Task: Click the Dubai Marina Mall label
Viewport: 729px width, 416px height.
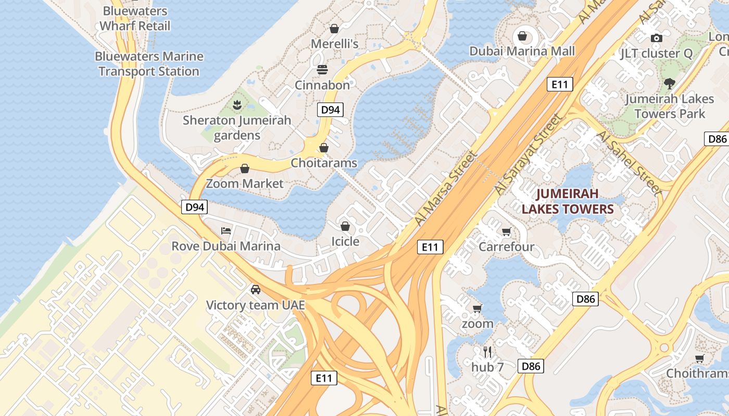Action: click(x=522, y=51)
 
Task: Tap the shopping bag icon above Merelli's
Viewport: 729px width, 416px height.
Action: click(x=334, y=28)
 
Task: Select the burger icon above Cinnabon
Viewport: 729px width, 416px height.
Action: click(x=322, y=70)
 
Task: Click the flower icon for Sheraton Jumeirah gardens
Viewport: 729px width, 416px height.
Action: click(x=237, y=105)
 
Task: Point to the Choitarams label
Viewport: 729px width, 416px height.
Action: click(x=324, y=163)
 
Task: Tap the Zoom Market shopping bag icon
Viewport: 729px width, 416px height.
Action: click(x=244, y=168)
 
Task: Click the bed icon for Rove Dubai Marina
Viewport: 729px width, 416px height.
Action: click(x=226, y=230)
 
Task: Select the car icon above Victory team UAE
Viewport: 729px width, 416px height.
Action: click(x=255, y=289)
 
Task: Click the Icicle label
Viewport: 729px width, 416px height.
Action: click(x=345, y=241)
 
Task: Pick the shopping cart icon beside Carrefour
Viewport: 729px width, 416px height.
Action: click(x=506, y=231)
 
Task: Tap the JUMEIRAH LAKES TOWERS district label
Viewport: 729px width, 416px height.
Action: click(x=568, y=202)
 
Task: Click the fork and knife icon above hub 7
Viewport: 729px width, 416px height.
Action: click(x=487, y=352)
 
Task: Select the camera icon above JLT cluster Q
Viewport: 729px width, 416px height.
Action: click(x=657, y=38)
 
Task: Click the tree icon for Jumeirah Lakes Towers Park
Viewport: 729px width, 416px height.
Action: click(x=670, y=83)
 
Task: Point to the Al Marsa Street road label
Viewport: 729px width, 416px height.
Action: click(x=446, y=189)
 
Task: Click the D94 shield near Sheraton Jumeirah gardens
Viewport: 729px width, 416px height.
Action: click(x=330, y=110)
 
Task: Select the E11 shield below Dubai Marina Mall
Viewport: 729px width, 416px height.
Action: click(x=560, y=84)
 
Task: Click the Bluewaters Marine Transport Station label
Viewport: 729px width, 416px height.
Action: click(x=149, y=64)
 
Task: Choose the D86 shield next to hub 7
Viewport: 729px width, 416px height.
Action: click(x=531, y=366)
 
